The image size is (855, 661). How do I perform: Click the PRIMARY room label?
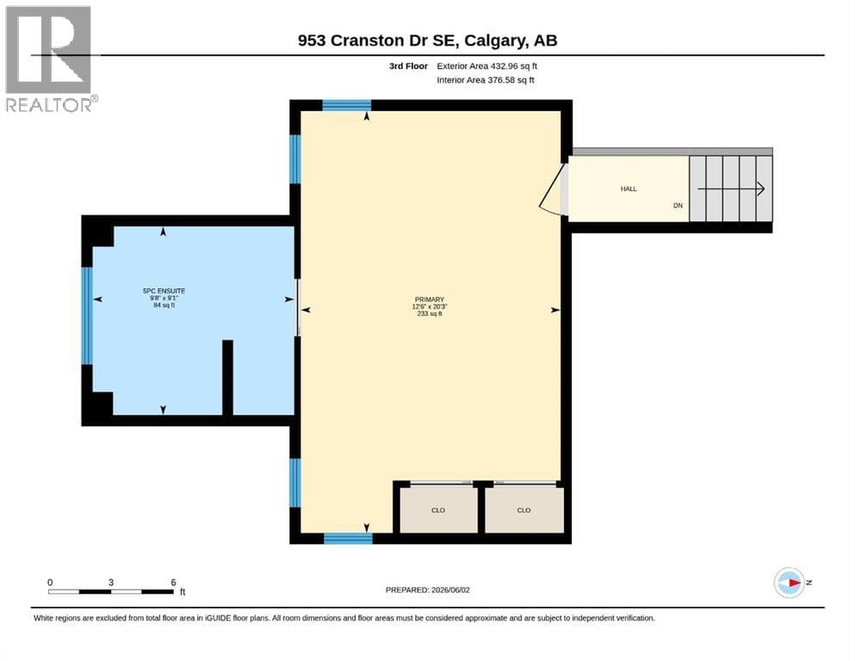tap(430, 300)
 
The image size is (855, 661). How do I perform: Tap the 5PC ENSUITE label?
tap(164, 291)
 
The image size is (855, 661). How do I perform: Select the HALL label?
tap(629, 189)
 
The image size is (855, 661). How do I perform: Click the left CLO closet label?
tap(438, 510)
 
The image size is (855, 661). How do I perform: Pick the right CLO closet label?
tap(524, 510)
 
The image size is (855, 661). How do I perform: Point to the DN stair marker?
tap(678, 206)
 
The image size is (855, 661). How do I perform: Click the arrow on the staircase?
tap(731, 189)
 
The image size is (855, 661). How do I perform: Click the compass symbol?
tap(790, 583)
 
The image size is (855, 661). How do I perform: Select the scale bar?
tap(111, 592)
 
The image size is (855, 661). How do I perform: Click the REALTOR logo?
tap(51, 59)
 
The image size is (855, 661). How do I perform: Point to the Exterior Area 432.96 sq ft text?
tap(486, 66)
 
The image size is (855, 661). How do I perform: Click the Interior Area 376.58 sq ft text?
tap(486, 80)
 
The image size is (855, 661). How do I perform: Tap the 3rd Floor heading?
tap(408, 66)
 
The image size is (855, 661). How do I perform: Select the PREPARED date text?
tap(427, 590)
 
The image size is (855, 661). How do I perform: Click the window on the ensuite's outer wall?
tap(87, 316)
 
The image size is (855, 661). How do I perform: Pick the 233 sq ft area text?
tap(430, 314)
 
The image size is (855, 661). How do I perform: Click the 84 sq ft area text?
tap(164, 306)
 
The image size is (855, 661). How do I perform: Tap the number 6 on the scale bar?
tap(173, 583)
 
